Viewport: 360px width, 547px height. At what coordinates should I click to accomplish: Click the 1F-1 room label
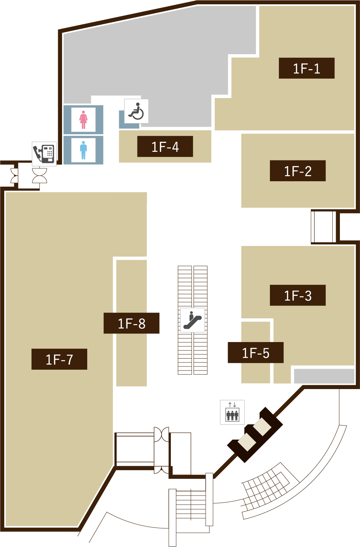[307, 68]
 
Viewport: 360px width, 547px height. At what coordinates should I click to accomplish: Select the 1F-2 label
[298, 171]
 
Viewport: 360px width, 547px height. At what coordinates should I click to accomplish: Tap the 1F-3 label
[298, 295]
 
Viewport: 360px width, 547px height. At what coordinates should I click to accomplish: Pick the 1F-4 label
[165, 146]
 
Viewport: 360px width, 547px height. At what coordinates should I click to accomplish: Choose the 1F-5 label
[256, 353]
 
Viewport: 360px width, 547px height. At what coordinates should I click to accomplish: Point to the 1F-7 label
[59, 359]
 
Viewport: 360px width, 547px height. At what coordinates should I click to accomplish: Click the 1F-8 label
[132, 323]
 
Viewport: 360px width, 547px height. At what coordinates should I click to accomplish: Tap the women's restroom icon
[83, 120]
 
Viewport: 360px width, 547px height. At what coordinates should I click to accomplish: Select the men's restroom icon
[83, 150]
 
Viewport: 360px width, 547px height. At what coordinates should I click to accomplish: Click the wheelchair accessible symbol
[136, 111]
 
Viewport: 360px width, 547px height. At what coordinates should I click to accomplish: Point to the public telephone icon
[44, 153]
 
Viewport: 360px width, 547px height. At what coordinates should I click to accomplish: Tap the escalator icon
[193, 320]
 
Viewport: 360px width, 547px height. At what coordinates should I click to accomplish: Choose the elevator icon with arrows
[232, 412]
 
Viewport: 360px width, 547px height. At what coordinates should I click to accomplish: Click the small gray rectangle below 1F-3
[324, 376]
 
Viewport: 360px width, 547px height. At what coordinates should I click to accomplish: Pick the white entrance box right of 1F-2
[323, 227]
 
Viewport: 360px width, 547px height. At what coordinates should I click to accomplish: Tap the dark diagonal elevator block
[255, 434]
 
